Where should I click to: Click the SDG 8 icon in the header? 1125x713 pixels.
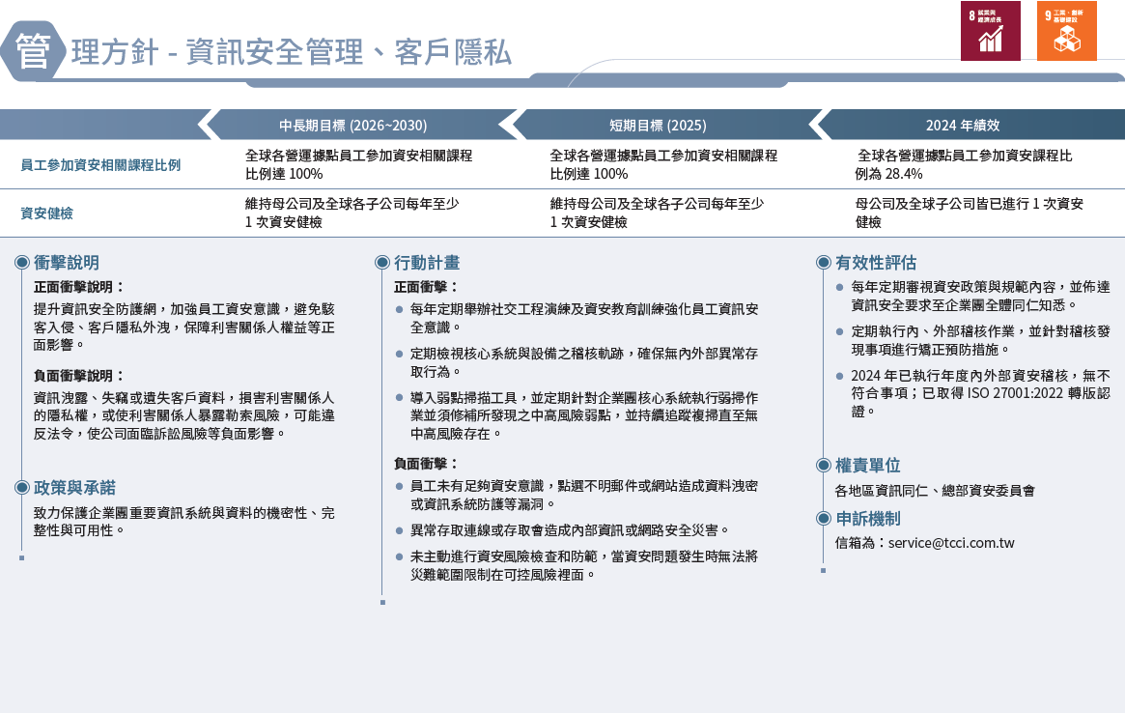tap(990, 31)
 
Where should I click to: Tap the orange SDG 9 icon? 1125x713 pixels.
tap(1066, 31)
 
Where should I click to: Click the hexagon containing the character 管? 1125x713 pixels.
tap(33, 51)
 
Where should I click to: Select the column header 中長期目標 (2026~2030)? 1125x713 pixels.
tap(352, 126)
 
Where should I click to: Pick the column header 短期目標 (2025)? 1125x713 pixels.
tap(658, 126)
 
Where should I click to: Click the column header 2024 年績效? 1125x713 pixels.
tap(962, 126)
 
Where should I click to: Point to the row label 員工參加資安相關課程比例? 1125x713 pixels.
tap(100, 165)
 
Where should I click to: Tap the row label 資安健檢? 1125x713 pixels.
tap(46, 214)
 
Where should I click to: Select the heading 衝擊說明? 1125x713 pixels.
tap(66, 263)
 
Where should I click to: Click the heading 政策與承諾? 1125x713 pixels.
tap(74, 488)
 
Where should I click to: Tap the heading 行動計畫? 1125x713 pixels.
tap(427, 263)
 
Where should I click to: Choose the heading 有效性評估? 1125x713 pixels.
tap(876, 263)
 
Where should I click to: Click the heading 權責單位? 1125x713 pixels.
tap(867, 466)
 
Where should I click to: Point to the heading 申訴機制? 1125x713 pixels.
tap(867, 519)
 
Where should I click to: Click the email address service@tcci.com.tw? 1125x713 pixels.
tap(951, 543)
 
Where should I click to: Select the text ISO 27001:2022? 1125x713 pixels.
tap(1000, 393)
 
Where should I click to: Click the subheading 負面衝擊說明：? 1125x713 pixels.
tap(79, 376)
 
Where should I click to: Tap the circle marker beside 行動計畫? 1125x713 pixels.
tap(382, 263)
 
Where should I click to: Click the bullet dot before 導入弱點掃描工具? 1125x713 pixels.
tap(400, 398)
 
